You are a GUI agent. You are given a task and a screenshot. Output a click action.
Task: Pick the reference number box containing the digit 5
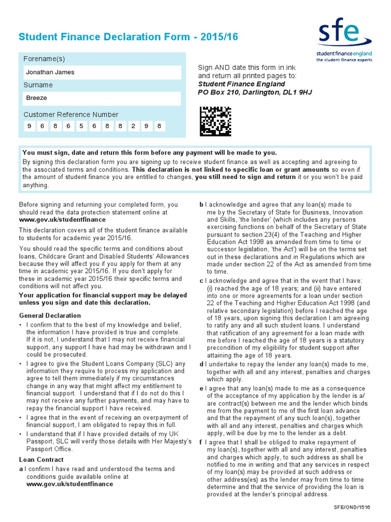click(x=80, y=126)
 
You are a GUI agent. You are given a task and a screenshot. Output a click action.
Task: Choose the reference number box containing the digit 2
click(x=133, y=126)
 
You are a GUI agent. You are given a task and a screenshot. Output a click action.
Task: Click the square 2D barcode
click(x=215, y=121)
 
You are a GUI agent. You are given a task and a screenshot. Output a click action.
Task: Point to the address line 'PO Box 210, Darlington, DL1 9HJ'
click(x=255, y=92)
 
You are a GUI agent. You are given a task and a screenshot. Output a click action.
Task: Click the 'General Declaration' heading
click(x=50, y=316)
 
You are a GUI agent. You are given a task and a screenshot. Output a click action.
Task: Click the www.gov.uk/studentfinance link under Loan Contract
click(x=70, y=484)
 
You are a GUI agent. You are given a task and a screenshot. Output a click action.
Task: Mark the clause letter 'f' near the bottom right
click(x=201, y=442)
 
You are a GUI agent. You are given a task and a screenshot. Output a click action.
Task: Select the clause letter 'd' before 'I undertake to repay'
click(x=202, y=364)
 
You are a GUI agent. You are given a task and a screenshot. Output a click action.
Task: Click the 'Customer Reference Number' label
click(x=71, y=115)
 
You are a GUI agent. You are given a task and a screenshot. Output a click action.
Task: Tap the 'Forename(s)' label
click(x=44, y=59)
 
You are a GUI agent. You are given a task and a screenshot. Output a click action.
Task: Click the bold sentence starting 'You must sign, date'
click(x=150, y=152)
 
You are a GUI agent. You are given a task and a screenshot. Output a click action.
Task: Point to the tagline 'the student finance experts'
click(x=344, y=60)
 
